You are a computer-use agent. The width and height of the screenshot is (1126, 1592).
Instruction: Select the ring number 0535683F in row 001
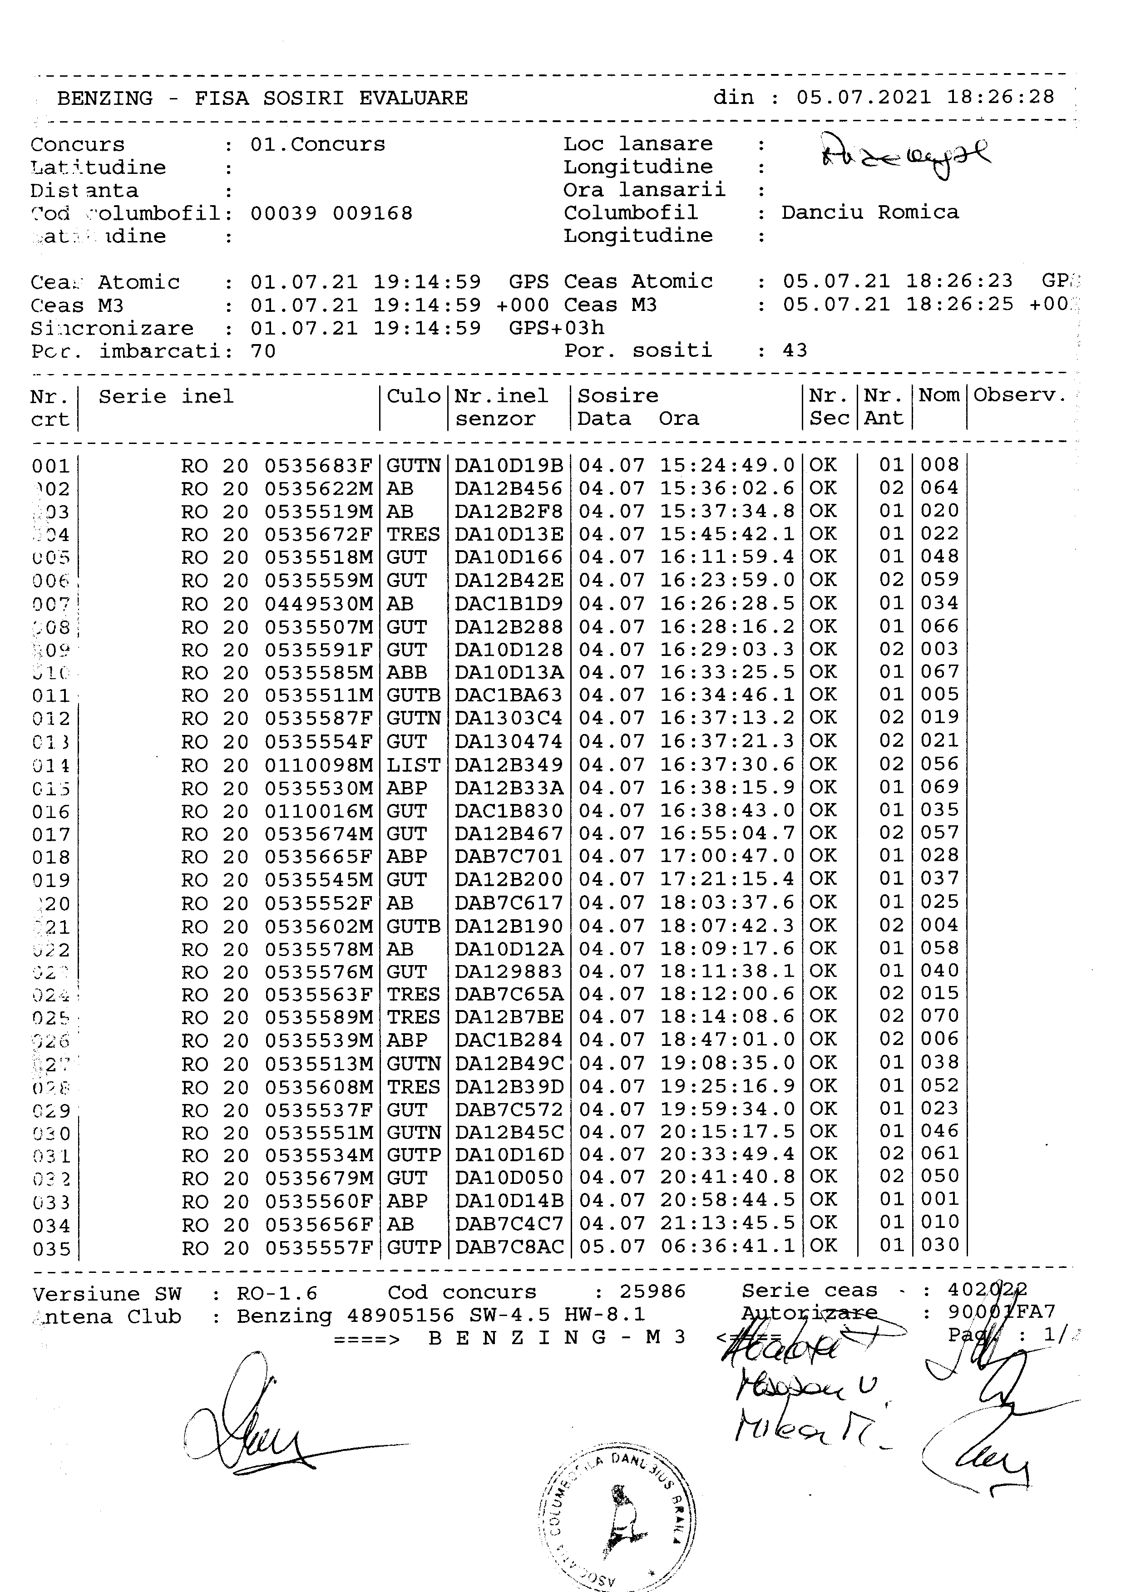[x=318, y=466]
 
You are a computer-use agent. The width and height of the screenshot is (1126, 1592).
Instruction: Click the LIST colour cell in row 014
[x=413, y=765]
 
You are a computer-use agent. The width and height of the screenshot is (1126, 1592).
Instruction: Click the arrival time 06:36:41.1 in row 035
[x=727, y=1246]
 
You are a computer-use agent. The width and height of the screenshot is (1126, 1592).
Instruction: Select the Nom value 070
[x=939, y=1016]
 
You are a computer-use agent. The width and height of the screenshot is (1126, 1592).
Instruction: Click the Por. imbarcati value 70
[x=263, y=351]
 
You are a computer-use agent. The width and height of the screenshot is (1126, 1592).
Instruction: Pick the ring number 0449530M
[x=318, y=604]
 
